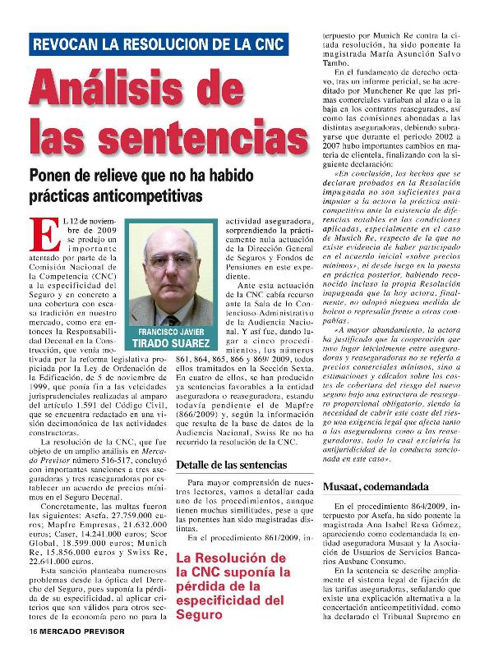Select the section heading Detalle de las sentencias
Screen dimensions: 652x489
[232, 466]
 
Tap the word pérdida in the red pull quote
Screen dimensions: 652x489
[203, 587]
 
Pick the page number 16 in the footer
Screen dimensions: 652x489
[32, 641]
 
